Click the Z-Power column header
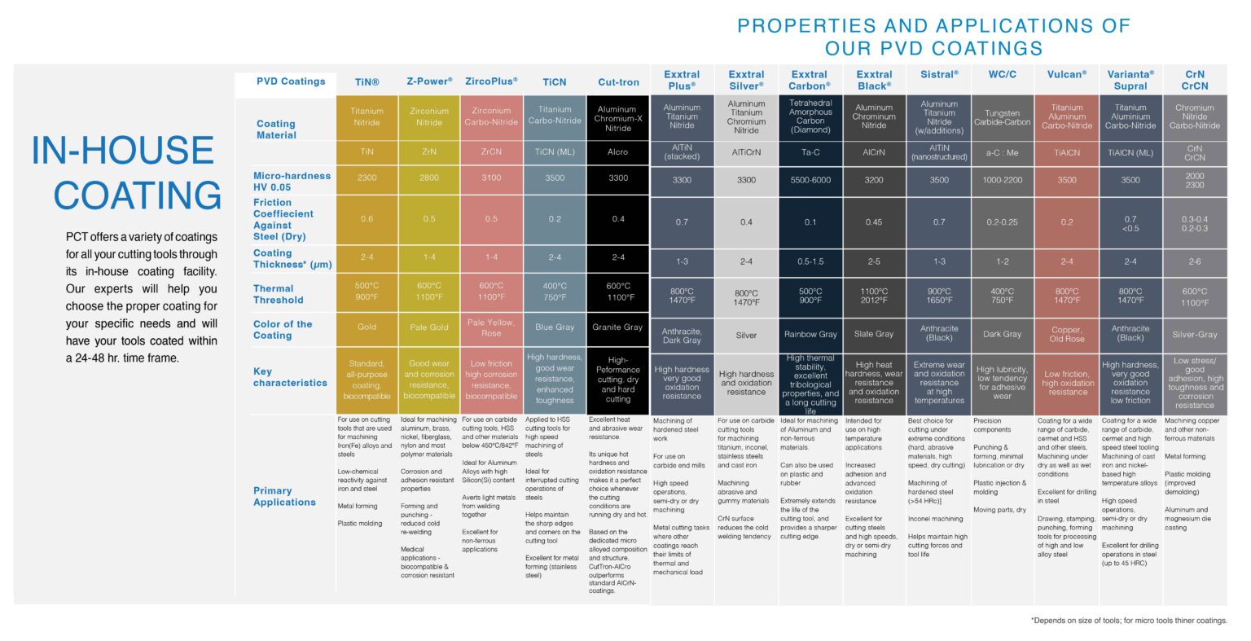429,81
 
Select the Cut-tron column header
618,82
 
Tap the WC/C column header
1002,74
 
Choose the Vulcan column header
1067,74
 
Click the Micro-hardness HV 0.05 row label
292,181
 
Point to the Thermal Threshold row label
274,294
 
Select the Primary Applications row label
284,496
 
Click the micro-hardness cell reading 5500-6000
810,180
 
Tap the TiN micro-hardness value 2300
367,178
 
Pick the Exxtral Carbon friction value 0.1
810,222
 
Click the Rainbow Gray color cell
810,334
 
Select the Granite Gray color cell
618,327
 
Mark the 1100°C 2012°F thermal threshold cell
874,296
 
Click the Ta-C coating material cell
810,152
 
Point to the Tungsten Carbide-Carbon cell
1002,118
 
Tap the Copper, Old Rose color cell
1067,334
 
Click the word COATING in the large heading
137,195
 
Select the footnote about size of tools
1129,621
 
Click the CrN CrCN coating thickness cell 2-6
1194,261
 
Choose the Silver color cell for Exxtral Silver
746,335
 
